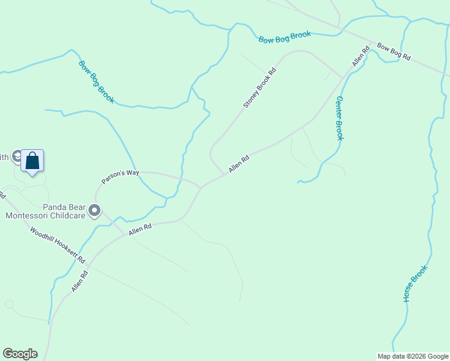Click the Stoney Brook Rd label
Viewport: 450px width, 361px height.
259,88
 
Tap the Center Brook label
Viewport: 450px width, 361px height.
339,119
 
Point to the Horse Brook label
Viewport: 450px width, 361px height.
416,283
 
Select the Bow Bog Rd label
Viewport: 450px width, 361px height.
393,51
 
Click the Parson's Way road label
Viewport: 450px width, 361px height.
120,176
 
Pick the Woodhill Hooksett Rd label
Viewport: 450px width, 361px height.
58,245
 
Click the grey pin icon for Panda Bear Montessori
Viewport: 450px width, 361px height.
94,211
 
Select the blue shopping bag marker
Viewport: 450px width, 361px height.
32,161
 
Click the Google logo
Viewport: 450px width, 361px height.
20,354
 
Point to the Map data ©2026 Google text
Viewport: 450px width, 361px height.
413,356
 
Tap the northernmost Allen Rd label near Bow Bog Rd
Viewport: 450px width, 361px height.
360,57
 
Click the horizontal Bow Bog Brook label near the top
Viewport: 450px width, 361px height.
285,37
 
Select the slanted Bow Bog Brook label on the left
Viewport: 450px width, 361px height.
96,81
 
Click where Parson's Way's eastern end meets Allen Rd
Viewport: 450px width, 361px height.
201,187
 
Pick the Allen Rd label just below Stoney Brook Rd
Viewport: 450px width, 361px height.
238,165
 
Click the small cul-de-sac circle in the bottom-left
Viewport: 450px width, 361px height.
9,304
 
